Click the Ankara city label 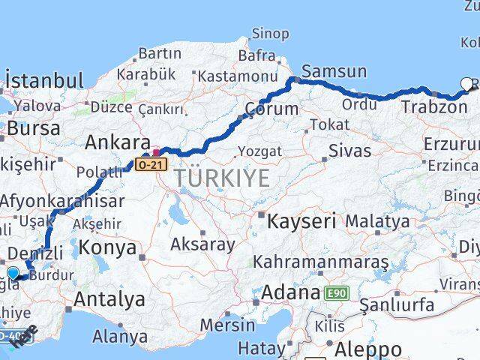pyautogui.click(x=117, y=142)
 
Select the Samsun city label pyautogui.click(x=335, y=72)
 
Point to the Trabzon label pyautogui.click(x=433, y=107)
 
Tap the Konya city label pyautogui.click(x=109, y=247)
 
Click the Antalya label pyautogui.click(x=109, y=299)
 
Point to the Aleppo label pyautogui.click(x=368, y=349)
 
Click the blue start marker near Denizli pyautogui.click(x=13, y=272)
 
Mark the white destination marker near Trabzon pyautogui.click(x=468, y=84)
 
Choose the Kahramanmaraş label pyautogui.click(x=321, y=262)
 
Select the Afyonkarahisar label pyautogui.click(x=63, y=201)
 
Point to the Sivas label pyautogui.click(x=349, y=151)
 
